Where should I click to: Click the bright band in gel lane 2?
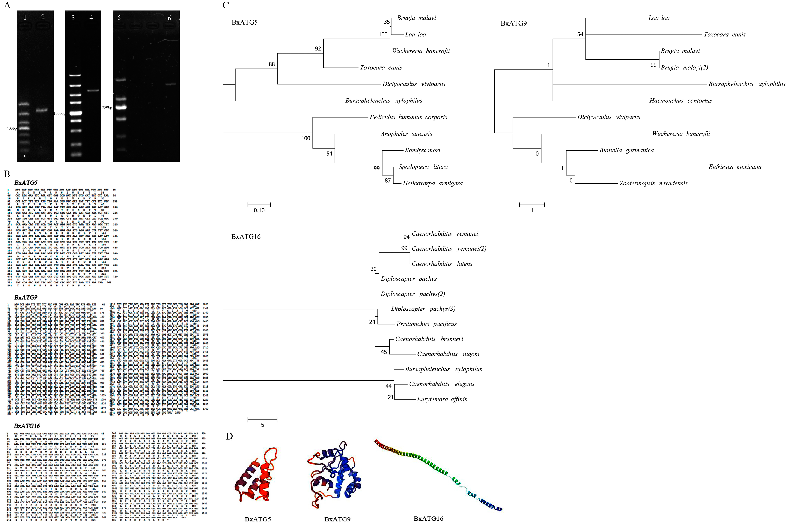pos(42,110)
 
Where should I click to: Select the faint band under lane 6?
pos(171,84)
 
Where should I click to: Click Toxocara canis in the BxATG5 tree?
pos(381,68)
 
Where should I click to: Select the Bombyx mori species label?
pos(422,150)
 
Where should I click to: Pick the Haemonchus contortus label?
pos(681,101)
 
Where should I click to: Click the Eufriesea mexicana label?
pos(735,167)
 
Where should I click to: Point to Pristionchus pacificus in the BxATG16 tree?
pos(426,324)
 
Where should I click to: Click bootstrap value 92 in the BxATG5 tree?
pos(318,49)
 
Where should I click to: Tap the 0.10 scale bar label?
pos(259,210)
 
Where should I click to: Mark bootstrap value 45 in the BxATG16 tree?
pos(384,352)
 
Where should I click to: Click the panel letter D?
pos(229,436)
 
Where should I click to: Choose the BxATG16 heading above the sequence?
pos(27,426)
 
